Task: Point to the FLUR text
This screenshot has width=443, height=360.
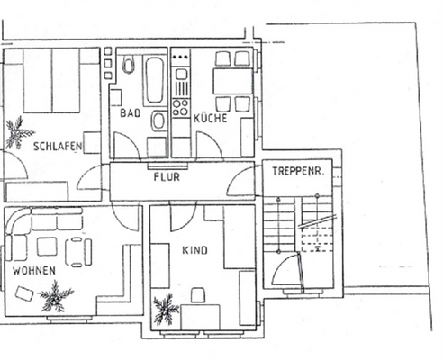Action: (x=167, y=177)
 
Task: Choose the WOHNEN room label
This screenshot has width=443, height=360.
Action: (x=33, y=270)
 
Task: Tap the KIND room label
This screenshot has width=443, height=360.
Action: (x=195, y=251)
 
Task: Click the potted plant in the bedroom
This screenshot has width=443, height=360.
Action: (x=18, y=132)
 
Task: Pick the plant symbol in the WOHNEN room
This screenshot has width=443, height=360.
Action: (x=56, y=295)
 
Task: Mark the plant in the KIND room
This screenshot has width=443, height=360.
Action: (x=166, y=311)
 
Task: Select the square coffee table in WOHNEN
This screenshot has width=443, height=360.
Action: (x=47, y=246)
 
